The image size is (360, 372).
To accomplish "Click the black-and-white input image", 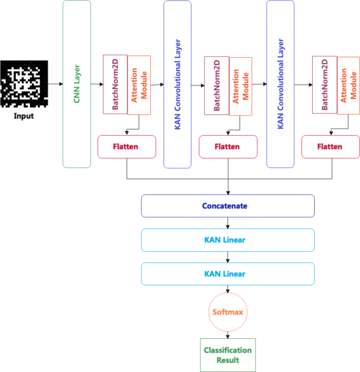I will tap(24, 83).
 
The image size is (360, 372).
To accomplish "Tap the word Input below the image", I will tap(24, 116).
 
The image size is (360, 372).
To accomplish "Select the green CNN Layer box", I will tap(77, 84).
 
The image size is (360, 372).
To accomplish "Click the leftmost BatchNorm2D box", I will tap(115, 84).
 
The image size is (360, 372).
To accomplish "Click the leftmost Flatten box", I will tap(127, 147).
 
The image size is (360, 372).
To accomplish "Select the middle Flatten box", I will tap(228, 147).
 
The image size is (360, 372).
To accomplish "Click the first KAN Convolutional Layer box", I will tap(178, 84).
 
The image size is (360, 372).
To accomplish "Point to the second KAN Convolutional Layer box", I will tap(280, 84).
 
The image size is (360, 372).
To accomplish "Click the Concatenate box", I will tap(228, 206).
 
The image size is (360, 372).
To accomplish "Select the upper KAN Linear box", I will tap(228, 240).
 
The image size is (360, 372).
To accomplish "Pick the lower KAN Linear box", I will tap(228, 274).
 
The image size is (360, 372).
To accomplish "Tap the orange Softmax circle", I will tap(228, 312).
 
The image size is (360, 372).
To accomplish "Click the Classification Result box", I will tap(228, 355).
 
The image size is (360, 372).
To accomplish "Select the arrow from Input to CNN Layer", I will tap(55, 84).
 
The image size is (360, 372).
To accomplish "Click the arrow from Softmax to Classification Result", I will tap(228, 334).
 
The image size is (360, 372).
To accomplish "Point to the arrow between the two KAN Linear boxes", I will tap(228, 257).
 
